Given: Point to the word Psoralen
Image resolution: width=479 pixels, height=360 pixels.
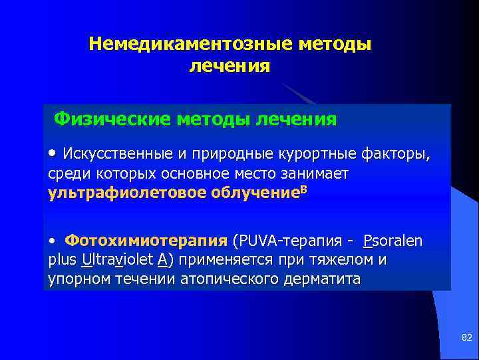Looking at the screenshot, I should [x=393, y=240].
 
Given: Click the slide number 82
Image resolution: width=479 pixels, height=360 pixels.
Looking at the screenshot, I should [x=466, y=339].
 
